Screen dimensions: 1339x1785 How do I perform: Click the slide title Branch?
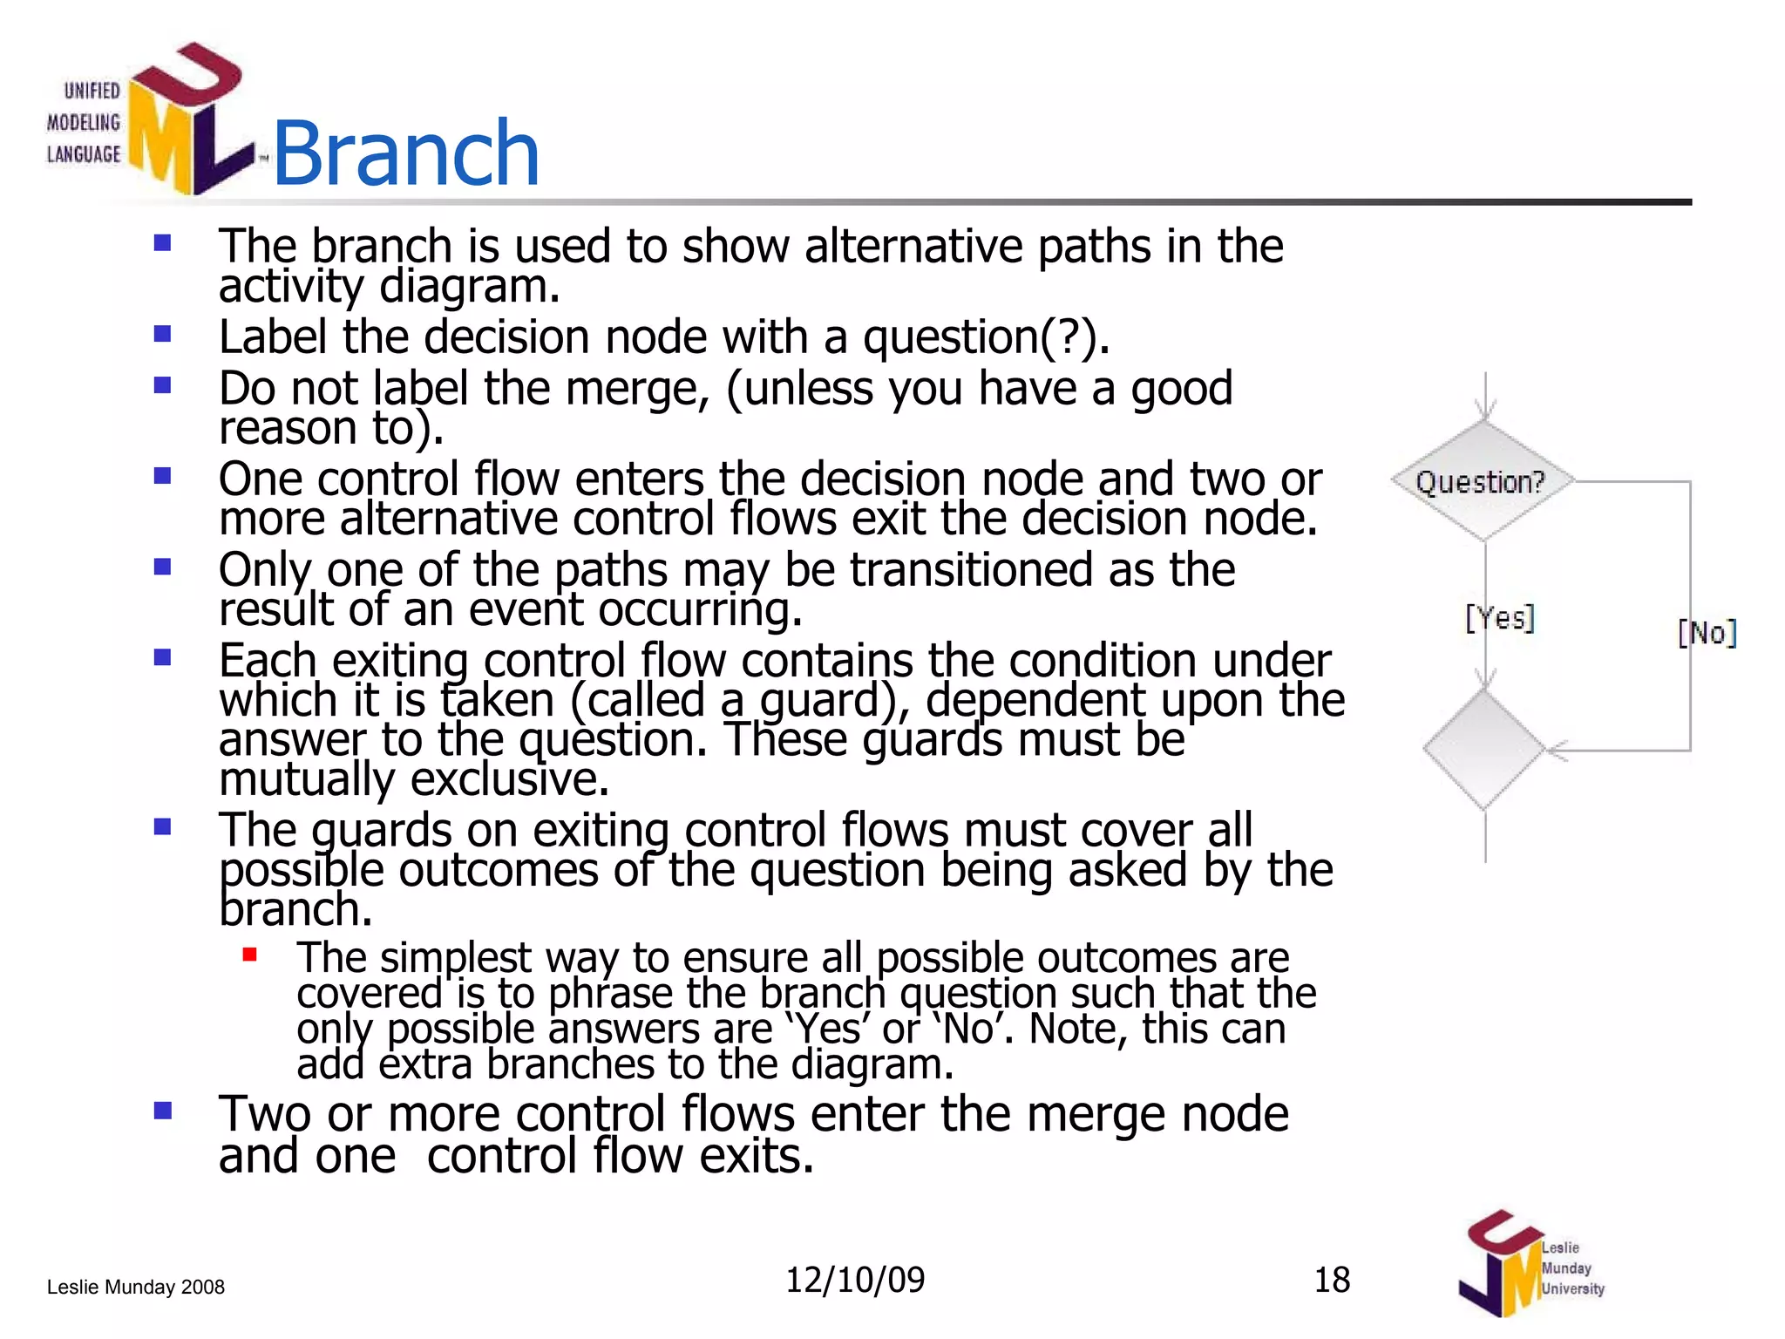pos(406,154)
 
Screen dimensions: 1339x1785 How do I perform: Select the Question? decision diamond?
pos(1483,481)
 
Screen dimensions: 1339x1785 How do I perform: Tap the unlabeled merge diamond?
pos(1483,749)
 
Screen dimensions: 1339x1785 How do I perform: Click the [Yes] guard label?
pos(1500,618)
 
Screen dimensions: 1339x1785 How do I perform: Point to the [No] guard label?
pos(1707,633)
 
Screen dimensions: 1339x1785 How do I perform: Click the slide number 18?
pos(1332,1280)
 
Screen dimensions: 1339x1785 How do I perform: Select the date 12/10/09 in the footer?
pos(855,1280)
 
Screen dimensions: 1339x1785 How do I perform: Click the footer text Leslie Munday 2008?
pos(136,1287)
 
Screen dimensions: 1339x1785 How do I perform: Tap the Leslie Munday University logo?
pos(1530,1264)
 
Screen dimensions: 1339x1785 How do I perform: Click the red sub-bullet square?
pos(250,955)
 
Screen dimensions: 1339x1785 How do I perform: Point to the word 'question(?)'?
pos(986,336)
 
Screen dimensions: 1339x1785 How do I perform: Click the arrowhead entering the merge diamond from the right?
pos(1555,750)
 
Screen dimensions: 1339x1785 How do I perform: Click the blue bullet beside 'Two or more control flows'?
pos(163,1111)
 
